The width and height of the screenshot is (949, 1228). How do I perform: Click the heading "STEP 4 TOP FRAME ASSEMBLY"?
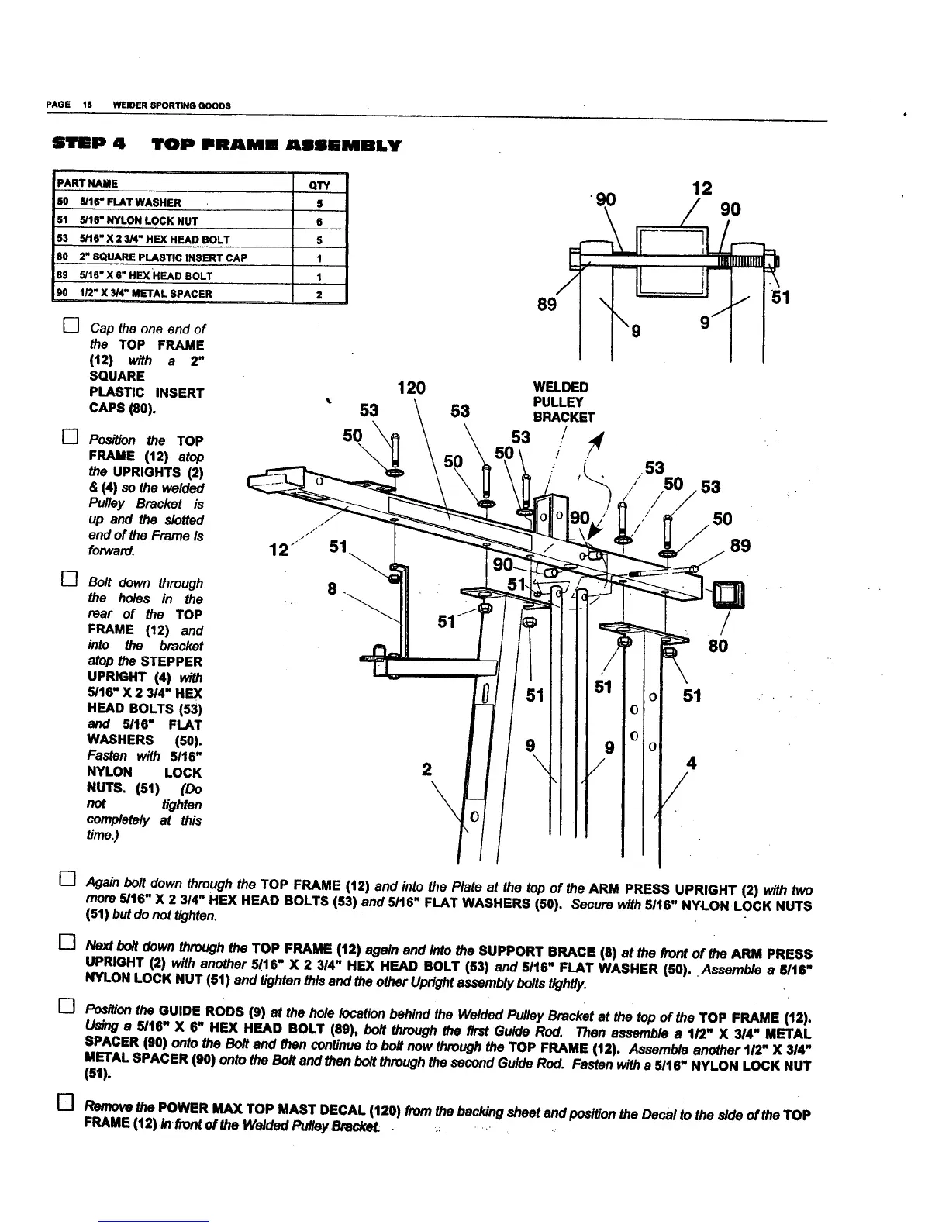(226, 145)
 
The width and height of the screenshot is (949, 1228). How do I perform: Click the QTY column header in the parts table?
(319, 185)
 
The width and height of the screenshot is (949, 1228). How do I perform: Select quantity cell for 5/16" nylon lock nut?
(319, 221)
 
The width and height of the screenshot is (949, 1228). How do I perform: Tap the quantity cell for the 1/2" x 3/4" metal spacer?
(319, 293)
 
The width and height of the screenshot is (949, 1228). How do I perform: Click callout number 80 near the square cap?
(719, 646)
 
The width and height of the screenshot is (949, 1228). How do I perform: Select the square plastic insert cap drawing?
(730, 594)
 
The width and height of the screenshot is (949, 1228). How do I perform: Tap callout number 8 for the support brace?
(332, 590)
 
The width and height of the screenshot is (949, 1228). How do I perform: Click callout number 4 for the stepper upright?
(692, 764)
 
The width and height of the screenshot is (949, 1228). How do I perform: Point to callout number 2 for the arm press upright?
(426, 770)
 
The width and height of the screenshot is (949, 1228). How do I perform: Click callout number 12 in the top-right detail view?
(701, 188)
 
